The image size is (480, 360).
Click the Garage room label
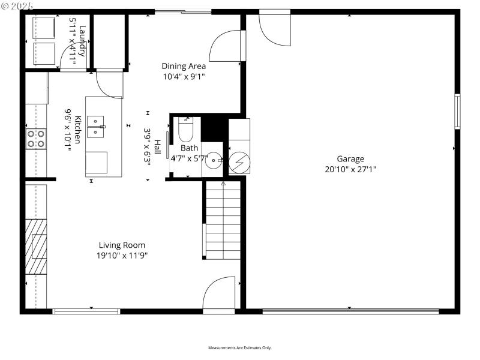[350, 159]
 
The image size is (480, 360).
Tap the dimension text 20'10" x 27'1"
[350, 169]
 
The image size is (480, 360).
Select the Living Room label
[122, 245]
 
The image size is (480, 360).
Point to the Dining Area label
[184, 66]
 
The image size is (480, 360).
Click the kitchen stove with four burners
[35, 139]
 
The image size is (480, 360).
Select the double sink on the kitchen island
[96, 125]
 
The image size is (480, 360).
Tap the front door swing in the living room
[219, 294]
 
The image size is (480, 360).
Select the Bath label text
[189, 148]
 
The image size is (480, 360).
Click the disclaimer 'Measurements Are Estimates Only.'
[240, 348]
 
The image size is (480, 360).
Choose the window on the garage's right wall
[457, 111]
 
